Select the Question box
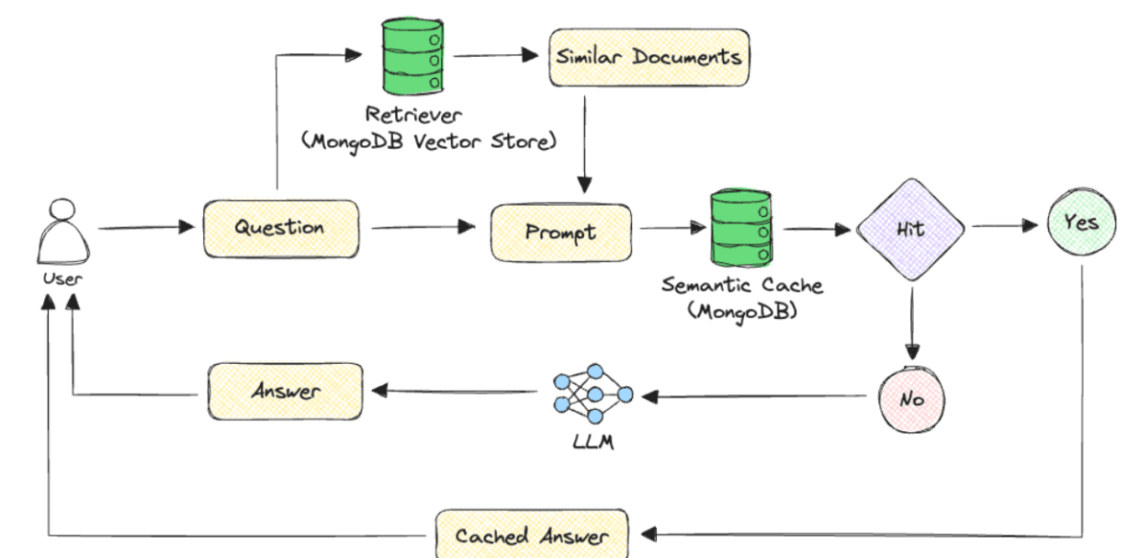(x=280, y=227)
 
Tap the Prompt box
(x=561, y=232)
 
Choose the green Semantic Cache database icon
(x=740, y=227)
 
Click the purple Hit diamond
(x=910, y=230)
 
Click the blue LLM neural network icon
(x=593, y=395)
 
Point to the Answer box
(x=286, y=392)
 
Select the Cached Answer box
(x=531, y=535)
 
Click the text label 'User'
(x=62, y=279)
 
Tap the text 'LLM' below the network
(x=592, y=443)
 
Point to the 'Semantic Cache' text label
(x=742, y=285)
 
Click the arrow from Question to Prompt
(x=423, y=227)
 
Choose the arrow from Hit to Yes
(x=1003, y=225)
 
